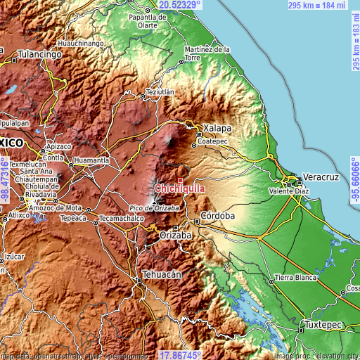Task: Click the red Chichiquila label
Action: (x=179, y=188)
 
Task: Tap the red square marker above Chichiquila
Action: (x=179, y=180)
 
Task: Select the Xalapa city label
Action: (x=218, y=129)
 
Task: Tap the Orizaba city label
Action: (x=176, y=236)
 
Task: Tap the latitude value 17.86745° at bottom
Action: (x=180, y=355)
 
